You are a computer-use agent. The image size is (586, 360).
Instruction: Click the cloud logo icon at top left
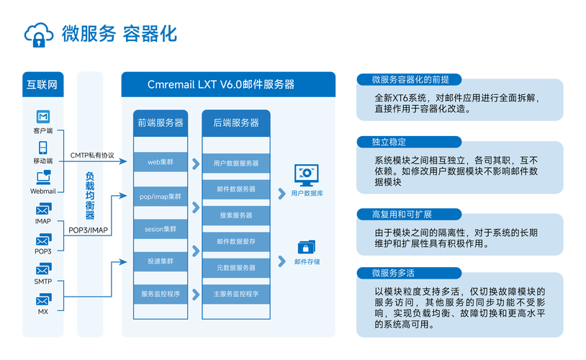pos(38,33)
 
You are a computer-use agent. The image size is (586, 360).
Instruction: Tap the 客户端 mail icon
pos(42,117)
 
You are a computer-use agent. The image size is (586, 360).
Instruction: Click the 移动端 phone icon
pos(42,147)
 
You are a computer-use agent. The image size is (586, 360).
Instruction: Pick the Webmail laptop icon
pos(42,177)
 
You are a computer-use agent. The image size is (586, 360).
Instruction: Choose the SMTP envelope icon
pos(42,269)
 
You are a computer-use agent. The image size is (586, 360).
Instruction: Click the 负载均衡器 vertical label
pos(90,195)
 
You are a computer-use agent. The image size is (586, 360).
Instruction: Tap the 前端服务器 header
pos(160,122)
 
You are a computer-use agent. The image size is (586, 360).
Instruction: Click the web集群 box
pos(160,163)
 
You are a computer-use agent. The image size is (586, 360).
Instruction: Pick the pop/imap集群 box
pos(160,196)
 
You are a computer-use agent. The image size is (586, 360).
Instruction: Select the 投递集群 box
pos(160,261)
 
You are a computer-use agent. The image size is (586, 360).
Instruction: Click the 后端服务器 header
pos(235,122)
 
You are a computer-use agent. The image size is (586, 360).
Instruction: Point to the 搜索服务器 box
pos(235,215)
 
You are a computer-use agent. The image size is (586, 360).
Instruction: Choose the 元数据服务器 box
pos(235,268)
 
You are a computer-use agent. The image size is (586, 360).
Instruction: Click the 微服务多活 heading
pos(393,273)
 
